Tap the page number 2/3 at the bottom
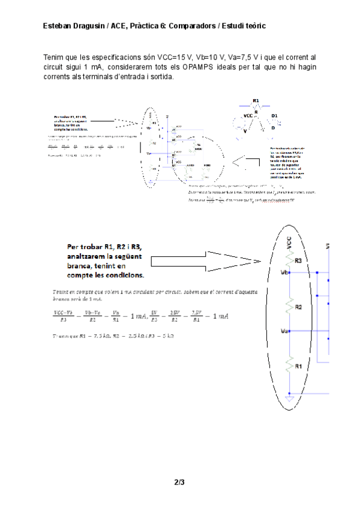[179, 482]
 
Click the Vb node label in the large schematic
[284, 271]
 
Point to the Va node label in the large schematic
[284, 331]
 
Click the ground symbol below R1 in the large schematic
[290, 397]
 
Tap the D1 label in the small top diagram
[275, 115]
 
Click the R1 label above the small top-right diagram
[256, 101]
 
